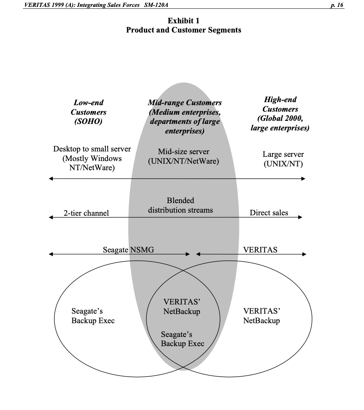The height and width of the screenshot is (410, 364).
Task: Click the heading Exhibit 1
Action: [183, 21]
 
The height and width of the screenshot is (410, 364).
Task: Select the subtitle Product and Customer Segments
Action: [184, 30]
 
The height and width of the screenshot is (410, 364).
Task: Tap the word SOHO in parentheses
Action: [88, 122]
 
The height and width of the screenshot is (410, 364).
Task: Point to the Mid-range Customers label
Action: [185, 102]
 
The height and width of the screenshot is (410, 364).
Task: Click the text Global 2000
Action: [280, 119]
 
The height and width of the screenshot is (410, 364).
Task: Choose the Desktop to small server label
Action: [92, 149]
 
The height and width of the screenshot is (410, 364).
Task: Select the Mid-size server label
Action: [184, 152]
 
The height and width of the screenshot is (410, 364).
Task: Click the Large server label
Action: [283, 155]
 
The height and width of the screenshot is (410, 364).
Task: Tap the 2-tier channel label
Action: [86, 213]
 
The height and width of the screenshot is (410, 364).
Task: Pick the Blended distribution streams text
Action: [180, 205]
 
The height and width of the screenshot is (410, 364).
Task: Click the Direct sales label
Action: [269, 213]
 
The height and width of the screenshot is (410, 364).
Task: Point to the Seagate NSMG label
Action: [128, 250]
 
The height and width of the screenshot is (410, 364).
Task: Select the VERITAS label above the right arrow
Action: [260, 250]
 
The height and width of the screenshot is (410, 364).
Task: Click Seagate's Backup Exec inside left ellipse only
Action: [93, 316]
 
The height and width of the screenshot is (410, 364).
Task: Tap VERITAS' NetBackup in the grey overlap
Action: [182, 306]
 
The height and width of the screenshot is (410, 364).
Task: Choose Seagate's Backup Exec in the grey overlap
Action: [182, 339]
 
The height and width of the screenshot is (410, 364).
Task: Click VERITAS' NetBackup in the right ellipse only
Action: [261, 316]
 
